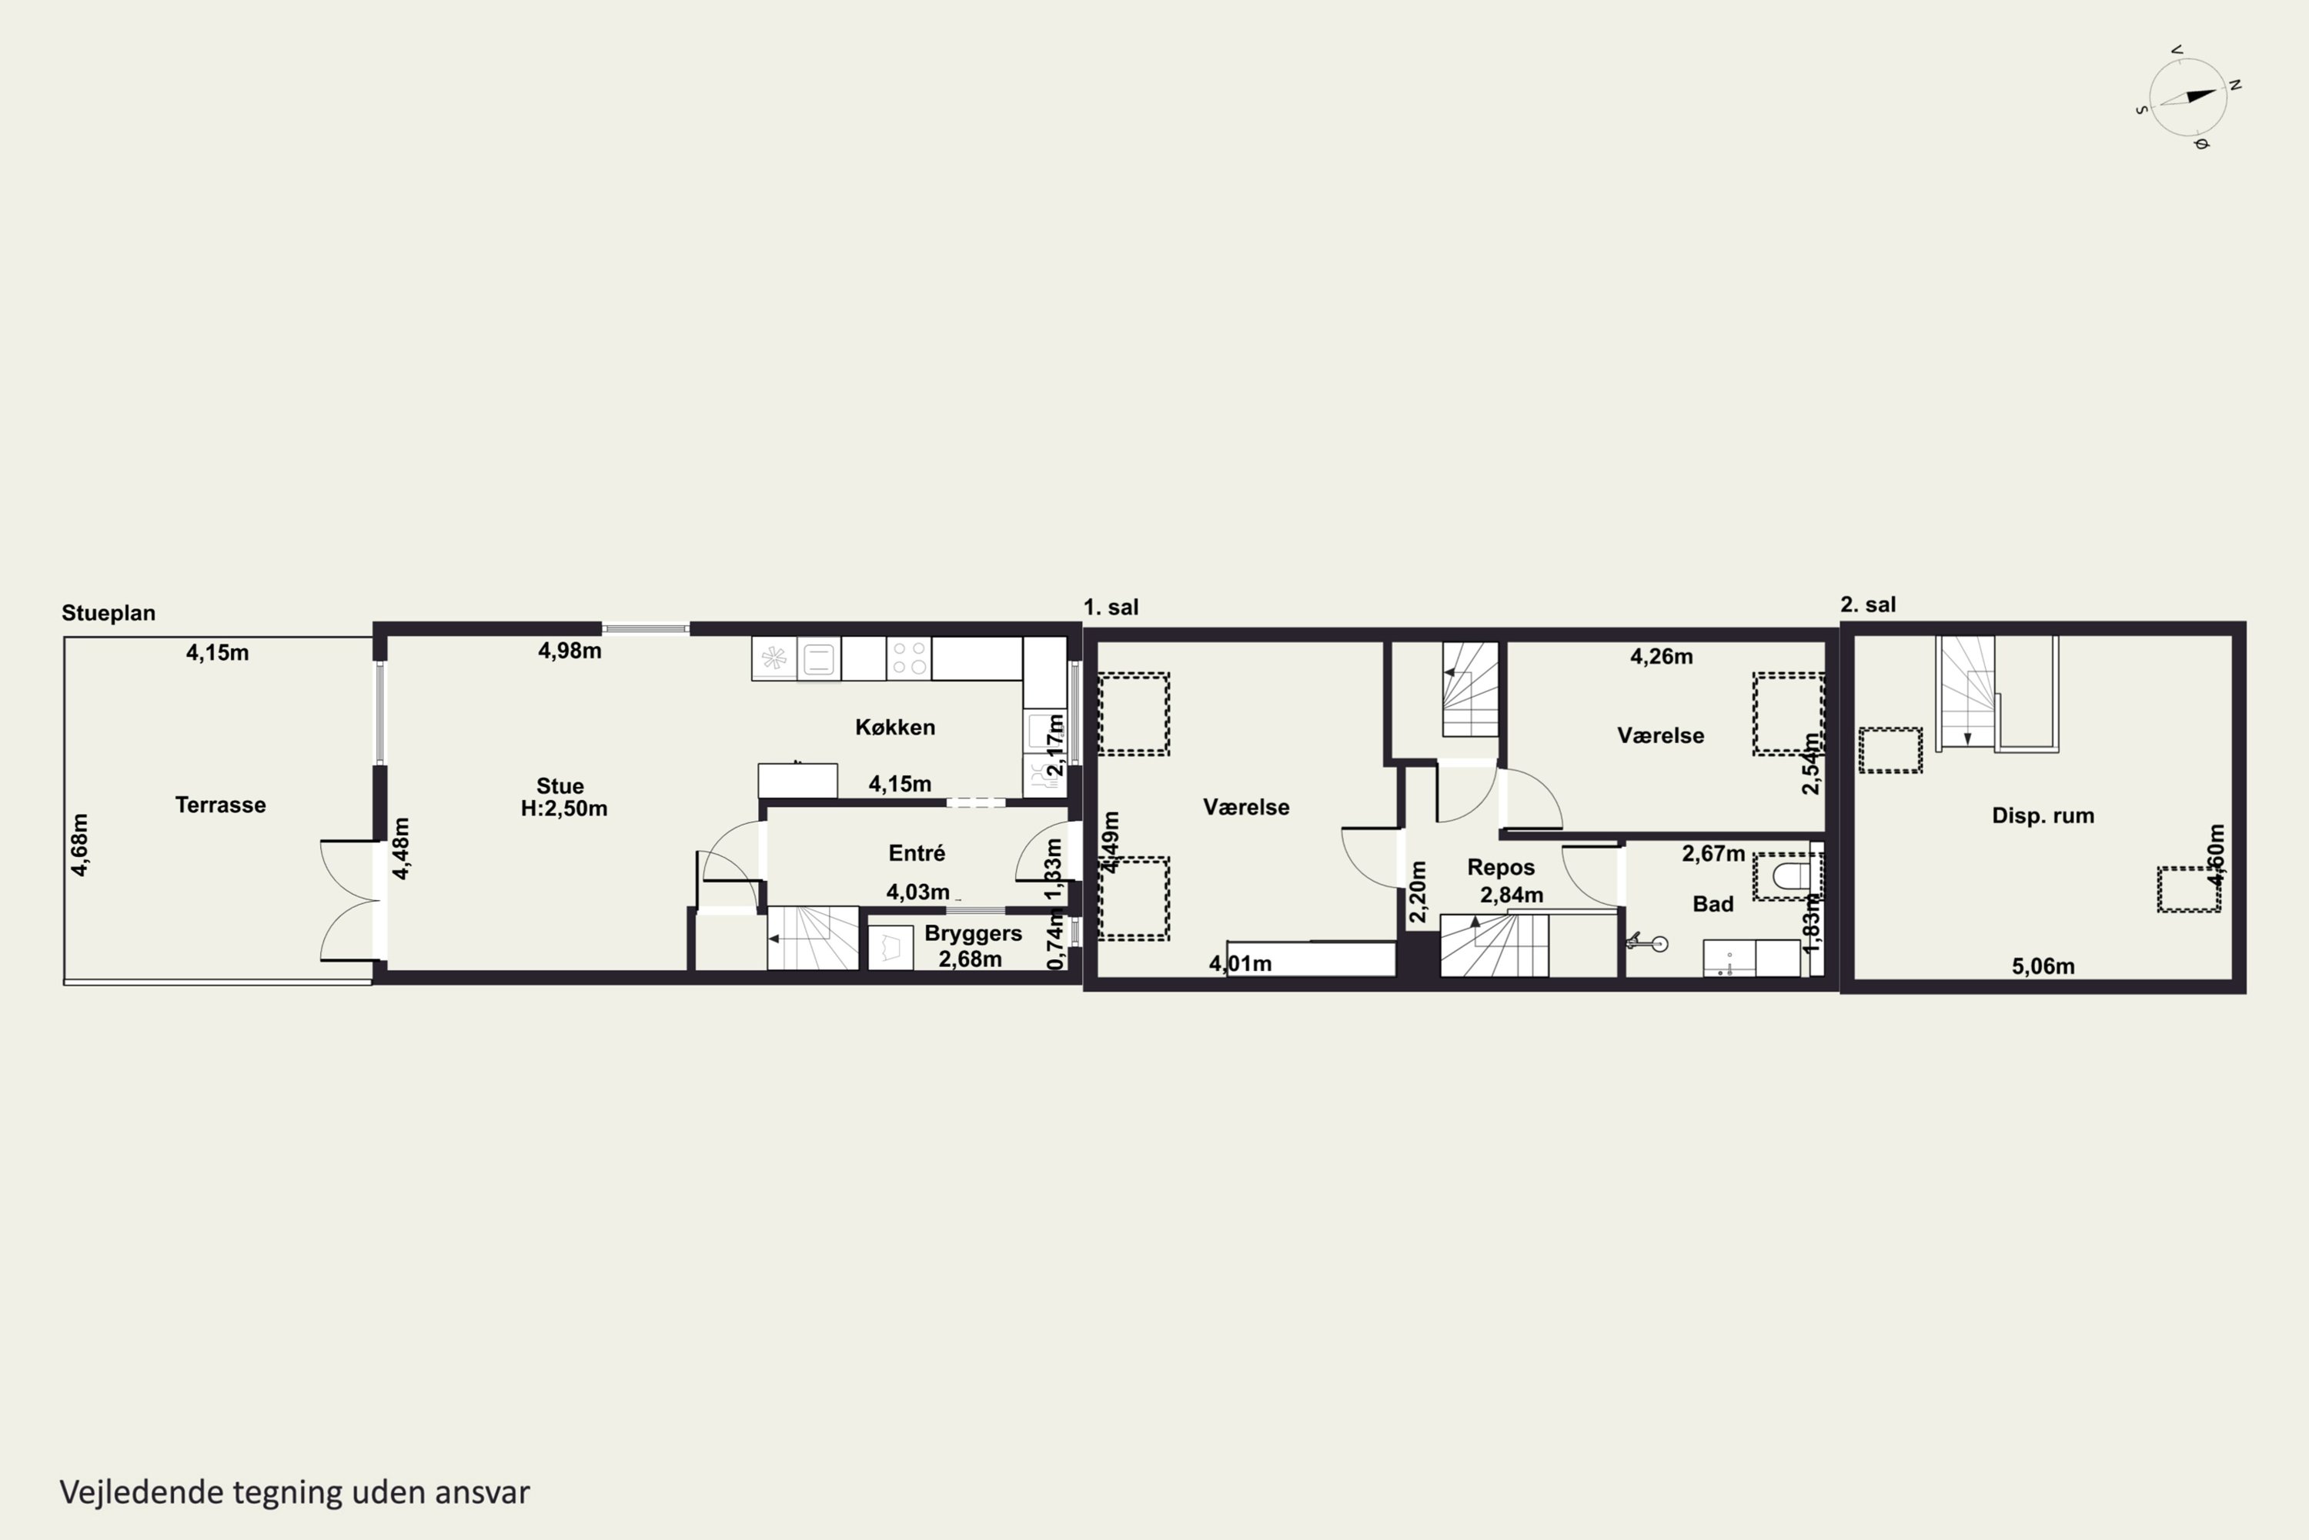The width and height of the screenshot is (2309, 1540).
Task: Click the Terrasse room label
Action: [x=220, y=805]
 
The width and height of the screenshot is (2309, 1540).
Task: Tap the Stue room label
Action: [x=560, y=785]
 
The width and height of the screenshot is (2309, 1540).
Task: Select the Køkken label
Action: [x=894, y=728]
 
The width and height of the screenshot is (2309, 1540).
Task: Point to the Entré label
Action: [x=916, y=853]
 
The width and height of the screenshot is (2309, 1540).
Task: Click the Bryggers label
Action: [x=973, y=934]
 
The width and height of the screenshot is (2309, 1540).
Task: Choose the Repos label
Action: [x=1501, y=867]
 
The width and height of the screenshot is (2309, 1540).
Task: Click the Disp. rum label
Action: [x=2043, y=816]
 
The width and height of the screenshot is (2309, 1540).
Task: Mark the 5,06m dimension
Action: [x=2043, y=966]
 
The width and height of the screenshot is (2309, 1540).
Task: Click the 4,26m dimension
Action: [x=1661, y=656]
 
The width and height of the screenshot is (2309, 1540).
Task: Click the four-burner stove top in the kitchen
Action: [x=909, y=658]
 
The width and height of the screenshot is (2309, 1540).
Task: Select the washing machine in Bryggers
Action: [x=891, y=949]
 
